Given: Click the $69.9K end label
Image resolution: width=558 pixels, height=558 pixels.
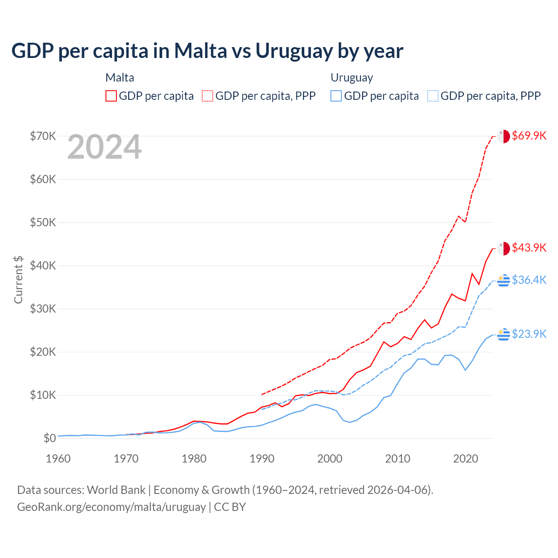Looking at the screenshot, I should pos(529,136).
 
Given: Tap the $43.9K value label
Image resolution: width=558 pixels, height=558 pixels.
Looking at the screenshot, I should pos(529,248).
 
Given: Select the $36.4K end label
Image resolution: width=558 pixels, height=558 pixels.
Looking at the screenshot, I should pos(529,280).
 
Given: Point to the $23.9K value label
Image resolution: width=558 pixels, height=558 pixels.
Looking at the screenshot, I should pos(529,334).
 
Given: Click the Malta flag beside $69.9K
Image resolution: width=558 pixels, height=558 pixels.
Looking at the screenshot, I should pos(504,136).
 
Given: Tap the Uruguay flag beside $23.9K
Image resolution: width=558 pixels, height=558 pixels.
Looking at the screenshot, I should pos(504,334).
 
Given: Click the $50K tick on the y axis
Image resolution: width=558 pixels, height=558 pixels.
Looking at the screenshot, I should pos(43,222).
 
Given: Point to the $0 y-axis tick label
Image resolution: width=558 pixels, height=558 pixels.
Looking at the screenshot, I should pos(50,438).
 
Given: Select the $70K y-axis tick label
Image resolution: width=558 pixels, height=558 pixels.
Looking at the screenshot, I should pos(43,136).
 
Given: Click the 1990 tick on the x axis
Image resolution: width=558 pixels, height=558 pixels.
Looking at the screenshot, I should pos(262,459).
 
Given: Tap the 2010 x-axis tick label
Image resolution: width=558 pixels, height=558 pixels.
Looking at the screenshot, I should pos(398,459).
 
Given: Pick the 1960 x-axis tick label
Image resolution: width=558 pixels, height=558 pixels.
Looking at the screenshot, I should pos(58,459).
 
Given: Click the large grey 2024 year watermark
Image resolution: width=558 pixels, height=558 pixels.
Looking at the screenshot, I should pos(105,147).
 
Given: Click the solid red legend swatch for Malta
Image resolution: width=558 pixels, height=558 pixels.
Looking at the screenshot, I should pos(111,96).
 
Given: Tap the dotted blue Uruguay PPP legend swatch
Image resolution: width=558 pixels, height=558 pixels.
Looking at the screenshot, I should pos(433,96).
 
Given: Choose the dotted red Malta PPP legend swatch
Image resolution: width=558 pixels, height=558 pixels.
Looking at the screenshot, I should pos(208,96).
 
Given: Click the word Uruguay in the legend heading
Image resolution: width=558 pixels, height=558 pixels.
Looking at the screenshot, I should pos(352,78).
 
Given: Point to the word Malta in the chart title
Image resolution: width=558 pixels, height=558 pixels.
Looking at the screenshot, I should pos(201,51).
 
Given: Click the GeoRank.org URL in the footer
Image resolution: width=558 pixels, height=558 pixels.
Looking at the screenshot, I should pos(111,507).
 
